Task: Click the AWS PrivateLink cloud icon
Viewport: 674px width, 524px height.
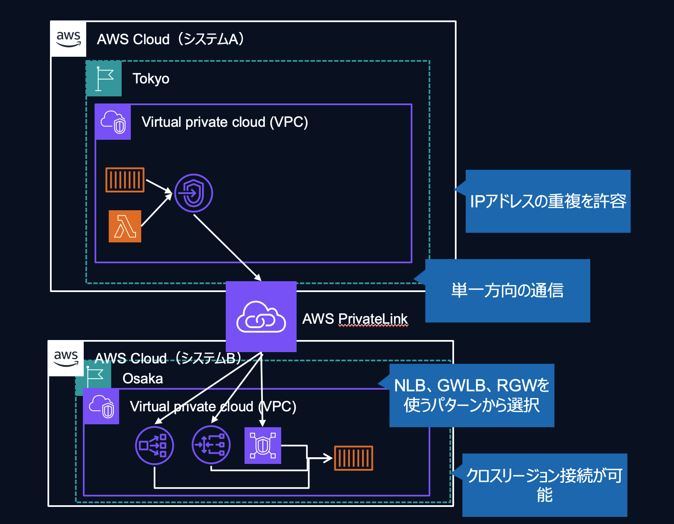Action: (261, 317)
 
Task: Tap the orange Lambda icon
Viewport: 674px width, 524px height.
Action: (125, 227)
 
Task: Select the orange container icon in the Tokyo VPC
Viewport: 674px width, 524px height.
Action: (125, 180)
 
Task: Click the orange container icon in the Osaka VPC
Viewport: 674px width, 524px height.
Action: (354, 458)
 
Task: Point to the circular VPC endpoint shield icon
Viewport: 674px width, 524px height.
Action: (193, 193)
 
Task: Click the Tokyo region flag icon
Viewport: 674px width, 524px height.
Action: (104, 78)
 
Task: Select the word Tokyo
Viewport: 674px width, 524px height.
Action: (151, 79)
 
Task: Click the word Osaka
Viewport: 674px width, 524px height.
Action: (142, 378)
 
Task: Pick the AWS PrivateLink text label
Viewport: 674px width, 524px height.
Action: (355, 319)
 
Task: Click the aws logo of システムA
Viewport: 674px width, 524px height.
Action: (68, 39)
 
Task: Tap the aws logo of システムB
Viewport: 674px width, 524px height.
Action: (66, 358)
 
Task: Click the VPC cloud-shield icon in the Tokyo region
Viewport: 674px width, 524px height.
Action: (113, 122)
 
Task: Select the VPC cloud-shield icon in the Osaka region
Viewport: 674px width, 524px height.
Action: (101, 406)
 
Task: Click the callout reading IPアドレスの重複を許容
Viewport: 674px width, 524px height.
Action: (548, 201)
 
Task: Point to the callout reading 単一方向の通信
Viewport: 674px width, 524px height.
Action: (507, 290)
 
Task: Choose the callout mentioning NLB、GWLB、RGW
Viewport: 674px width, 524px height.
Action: (472, 395)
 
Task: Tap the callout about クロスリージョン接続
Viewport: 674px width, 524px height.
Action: (544, 485)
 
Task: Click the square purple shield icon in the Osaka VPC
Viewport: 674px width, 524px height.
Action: (263, 446)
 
